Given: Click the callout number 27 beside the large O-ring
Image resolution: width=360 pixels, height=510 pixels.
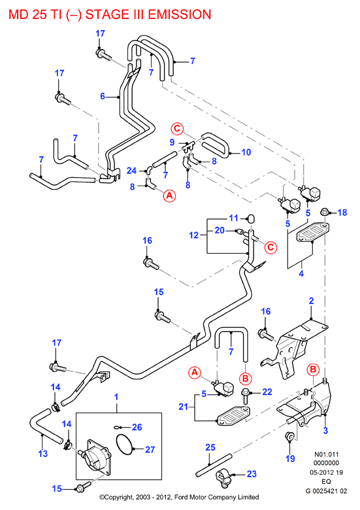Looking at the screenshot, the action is coord(150,449).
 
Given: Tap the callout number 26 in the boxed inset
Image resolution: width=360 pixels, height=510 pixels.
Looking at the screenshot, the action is coord(137,427).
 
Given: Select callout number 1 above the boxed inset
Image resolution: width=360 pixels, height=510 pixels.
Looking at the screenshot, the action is coord(116,397).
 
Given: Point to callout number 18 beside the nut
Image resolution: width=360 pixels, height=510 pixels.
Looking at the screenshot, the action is coord(342,212).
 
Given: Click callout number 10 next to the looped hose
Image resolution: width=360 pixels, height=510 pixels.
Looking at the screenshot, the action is coord(246,152).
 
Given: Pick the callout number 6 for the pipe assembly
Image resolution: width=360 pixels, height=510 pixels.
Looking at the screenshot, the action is coord(103,96).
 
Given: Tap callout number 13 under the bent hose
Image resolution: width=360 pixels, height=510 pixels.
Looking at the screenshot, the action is coord(43,453).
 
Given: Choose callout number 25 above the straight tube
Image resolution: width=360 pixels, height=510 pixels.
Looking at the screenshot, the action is coord(210,447).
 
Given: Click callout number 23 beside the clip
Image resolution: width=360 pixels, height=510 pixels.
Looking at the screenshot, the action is coord(252,474).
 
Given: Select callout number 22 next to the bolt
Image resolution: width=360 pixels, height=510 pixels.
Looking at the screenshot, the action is coord(267,392).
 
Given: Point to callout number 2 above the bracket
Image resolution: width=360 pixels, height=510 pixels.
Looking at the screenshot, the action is coord(311,301).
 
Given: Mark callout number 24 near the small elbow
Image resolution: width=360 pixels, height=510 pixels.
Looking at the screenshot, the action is coord(131,171).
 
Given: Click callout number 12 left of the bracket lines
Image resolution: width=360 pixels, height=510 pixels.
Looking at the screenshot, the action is coord(193,235).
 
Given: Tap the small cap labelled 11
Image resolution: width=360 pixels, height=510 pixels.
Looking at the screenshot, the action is coord(250,218).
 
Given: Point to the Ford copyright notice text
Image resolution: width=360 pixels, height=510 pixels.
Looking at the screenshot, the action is coord(179,497).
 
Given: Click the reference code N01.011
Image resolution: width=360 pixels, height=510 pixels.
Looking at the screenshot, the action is coord(326,454).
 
